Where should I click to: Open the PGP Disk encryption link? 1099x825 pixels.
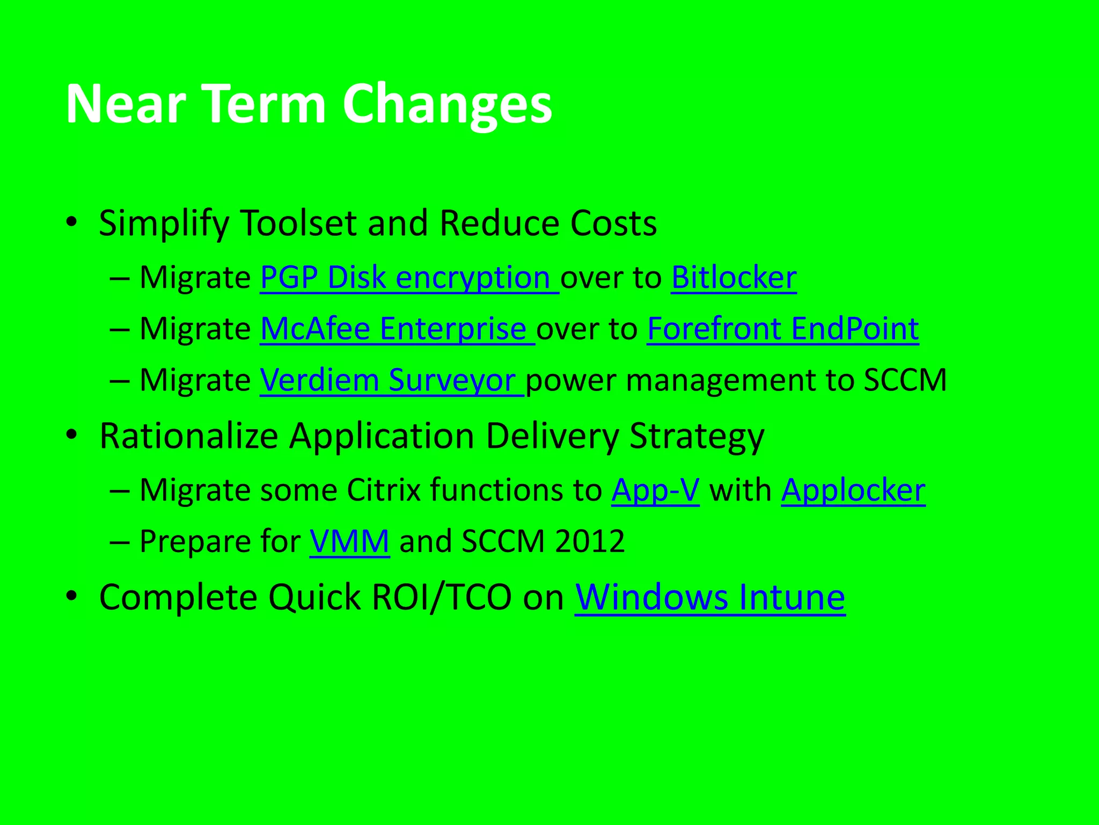(409, 278)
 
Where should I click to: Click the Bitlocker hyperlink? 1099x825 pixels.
(734, 278)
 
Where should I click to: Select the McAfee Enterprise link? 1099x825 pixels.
(397, 329)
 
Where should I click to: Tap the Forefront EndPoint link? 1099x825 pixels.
(783, 329)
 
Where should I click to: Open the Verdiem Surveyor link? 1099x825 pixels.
(392, 380)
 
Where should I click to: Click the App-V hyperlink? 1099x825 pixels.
(655, 490)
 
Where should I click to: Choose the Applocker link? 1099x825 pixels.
(853, 490)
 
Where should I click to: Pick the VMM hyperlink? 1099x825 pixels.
(349, 541)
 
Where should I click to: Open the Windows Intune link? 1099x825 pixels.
(710, 597)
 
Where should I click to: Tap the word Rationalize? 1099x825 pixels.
(189, 436)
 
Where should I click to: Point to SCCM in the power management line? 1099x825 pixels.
(905, 380)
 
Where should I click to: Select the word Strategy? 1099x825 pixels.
(697, 437)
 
